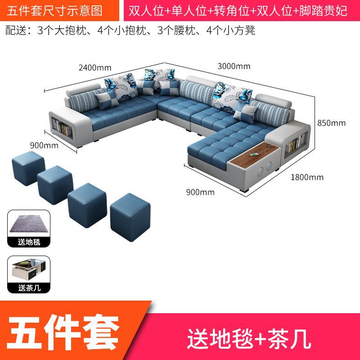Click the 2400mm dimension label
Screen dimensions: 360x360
click(94, 68)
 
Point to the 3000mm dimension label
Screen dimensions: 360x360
click(234, 66)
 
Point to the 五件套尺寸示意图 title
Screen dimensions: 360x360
click(55, 10)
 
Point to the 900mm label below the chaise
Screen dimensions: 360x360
click(200, 192)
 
